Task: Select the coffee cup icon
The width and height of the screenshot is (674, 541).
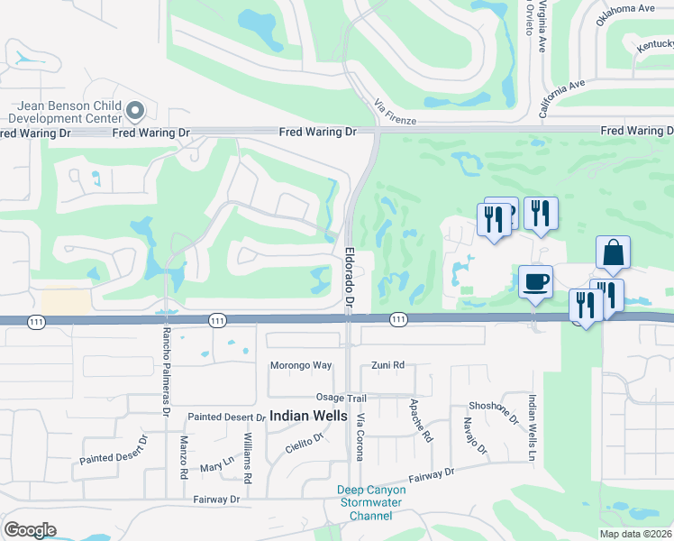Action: coord(535,282)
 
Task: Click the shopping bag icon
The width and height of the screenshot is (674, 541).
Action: coord(613,253)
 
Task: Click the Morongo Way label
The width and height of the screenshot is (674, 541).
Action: coord(301,365)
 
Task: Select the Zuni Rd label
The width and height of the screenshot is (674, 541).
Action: coord(388,365)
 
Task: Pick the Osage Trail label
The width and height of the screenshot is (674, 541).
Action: coord(342,398)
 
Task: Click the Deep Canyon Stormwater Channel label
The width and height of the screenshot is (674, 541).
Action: coord(371,503)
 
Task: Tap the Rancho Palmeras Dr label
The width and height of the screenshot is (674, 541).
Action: coord(166,369)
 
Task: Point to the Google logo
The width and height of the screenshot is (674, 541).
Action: coord(30,530)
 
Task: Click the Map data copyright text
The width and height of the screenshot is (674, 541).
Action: coord(636,534)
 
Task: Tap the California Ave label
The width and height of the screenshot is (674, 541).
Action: coord(562,98)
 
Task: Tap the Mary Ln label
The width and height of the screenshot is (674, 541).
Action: coord(217,466)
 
